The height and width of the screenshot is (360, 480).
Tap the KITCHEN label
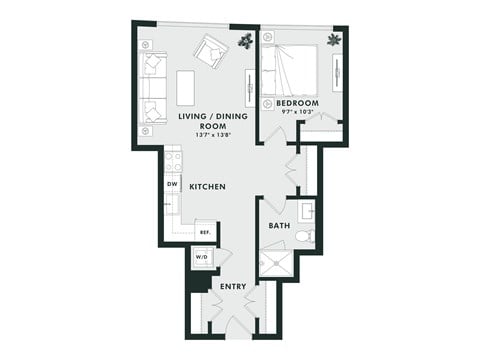click(x=207, y=187)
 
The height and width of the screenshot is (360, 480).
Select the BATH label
click(x=279, y=226)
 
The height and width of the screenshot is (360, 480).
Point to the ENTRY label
click(x=233, y=287)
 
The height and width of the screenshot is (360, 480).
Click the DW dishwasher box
click(x=172, y=185)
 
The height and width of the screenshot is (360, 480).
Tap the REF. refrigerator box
click(x=206, y=232)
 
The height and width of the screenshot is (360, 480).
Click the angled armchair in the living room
click(x=211, y=50)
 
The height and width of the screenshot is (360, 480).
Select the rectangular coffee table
click(x=185, y=87)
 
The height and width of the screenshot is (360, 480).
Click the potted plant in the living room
click(x=245, y=41)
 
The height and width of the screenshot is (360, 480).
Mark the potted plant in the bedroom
click(x=333, y=40)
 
